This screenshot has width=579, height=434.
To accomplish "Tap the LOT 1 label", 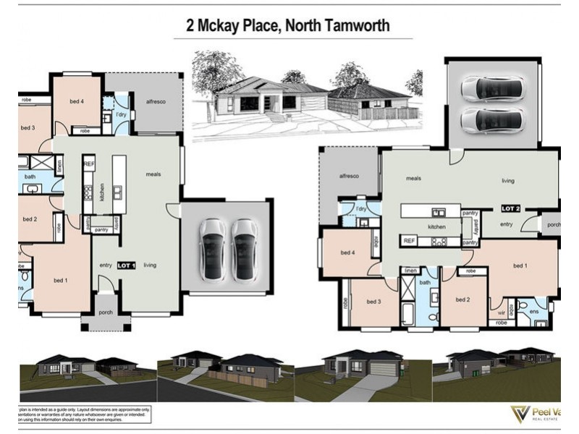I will click(x=127, y=265).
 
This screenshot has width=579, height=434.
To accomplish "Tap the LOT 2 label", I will click(x=510, y=208).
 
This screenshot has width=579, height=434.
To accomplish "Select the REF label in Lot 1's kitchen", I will click(x=89, y=164).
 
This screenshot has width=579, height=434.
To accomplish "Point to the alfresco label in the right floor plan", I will click(x=350, y=176).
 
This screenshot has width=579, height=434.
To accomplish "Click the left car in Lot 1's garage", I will click(x=213, y=248).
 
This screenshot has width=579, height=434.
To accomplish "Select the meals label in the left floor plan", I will click(x=153, y=174).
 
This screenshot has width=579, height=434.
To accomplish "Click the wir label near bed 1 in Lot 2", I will click(x=501, y=312).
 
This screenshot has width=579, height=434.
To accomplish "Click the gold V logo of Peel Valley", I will click(x=520, y=414).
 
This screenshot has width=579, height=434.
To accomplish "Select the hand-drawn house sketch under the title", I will click(x=307, y=94).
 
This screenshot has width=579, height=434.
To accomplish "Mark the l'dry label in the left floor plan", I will click(x=121, y=115).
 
